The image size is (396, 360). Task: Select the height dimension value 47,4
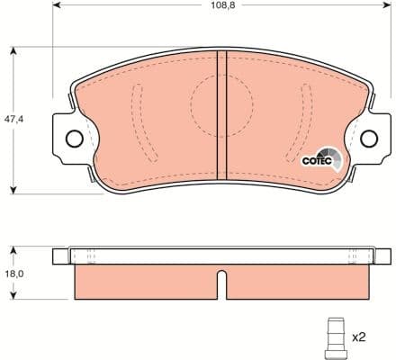click(x=13, y=118)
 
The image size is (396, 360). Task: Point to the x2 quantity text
click(x=358, y=337)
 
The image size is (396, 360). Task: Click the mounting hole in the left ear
click(x=74, y=139)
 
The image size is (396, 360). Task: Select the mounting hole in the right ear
click(x=368, y=139)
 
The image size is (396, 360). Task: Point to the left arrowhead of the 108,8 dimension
click(x=57, y=16)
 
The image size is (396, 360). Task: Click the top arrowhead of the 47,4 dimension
click(x=13, y=49)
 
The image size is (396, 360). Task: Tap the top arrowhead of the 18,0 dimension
click(x=13, y=249)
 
